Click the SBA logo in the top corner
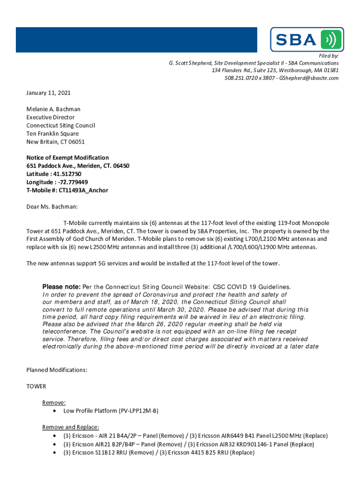click(x=307, y=39)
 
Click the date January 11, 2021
click(x=48, y=93)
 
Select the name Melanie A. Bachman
click(x=53, y=109)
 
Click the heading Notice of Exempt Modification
click(x=67, y=158)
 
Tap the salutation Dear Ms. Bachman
click(x=52, y=206)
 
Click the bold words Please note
click(x=61, y=287)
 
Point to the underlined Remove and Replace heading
click(x=71, y=427)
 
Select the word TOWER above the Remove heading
click(x=36, y=386)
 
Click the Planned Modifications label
click(x=57, y=370)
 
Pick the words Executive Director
click(x=50, y=117)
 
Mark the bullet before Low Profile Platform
click(x=56, y=411)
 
